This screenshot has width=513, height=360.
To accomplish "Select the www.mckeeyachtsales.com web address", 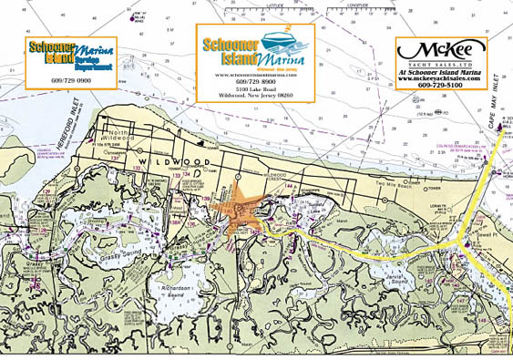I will (441, 79).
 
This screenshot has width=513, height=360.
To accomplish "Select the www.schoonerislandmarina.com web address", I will (256, 75).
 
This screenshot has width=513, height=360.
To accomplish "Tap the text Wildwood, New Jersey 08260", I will (256, 96).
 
